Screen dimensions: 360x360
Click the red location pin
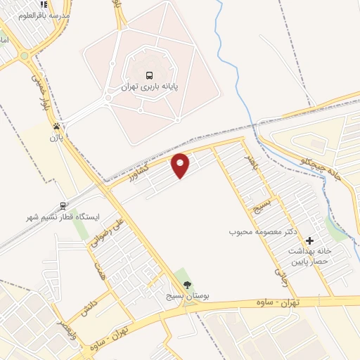coord(181,165)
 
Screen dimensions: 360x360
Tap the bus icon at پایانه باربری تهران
coord(149,75)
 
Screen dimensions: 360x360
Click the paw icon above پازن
coord(56,127)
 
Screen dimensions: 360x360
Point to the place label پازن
coord(56,138)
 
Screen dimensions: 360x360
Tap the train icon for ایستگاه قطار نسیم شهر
coord(64,206)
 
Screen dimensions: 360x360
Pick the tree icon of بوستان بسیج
coord(187,284)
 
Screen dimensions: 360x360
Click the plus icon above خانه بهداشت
coord(309,240)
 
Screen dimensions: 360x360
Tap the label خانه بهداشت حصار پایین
coord(308,256)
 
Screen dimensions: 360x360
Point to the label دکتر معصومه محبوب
coord(260,231)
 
